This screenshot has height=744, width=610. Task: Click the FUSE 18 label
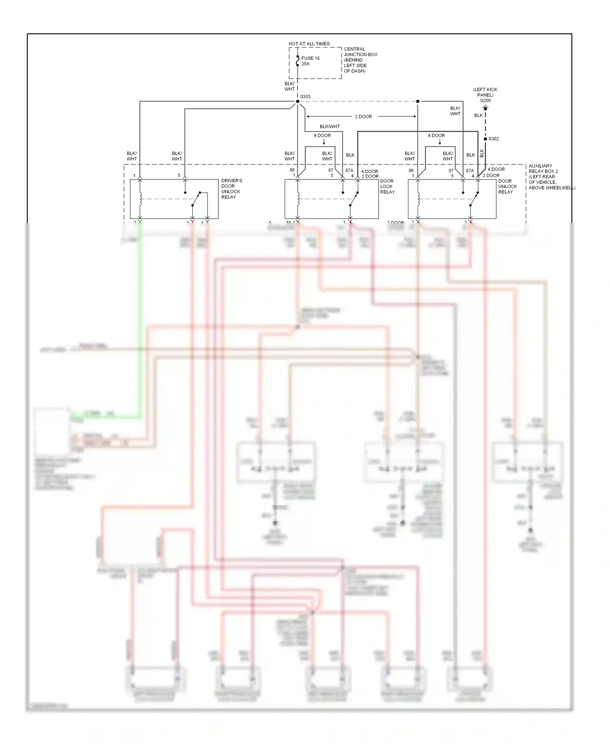pyautogui.click(x=310, y=58)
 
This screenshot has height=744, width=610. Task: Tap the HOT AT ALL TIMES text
pyautogui.click(x=309, y=44)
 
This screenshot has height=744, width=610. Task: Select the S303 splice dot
pyautogui.click(x=297, y=101)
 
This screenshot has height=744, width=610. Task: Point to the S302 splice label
pyautogui.click(x=493, y=139)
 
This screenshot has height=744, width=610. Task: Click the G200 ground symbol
pyautogui.click(x=485, y=108)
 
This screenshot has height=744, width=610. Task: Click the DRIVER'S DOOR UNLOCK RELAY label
pyautogui.click(x=231, y=189)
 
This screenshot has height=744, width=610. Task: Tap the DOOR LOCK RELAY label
pyautogui.click(x=387, y=186)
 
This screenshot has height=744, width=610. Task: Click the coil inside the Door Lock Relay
pyautogui.click(x=298, y=199)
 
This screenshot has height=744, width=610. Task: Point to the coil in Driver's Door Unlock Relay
pyautogui.click(x=140, y=199)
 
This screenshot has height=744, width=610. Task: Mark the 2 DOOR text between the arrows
pyautogui.click(x=363, y=117)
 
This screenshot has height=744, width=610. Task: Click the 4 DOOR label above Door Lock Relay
pyautogui.click(x=322, y=136)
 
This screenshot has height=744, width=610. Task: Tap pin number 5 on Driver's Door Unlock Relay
pyautogui.click(x=179, y=175)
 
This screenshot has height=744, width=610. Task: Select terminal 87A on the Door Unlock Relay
pyautogui.click(x=470, y=171)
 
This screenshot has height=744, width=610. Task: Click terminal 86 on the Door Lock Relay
pyautogui.click(x=292, y=170)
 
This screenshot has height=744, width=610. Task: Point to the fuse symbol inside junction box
pyautogui.click(x=298, y=61)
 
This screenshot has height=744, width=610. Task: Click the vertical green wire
pyautogui.click(x=141, y=326)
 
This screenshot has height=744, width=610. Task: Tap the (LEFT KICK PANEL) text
pyautogui.click(x=485, y=92)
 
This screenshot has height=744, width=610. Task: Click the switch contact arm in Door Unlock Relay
pyautogui.click(x=474, y=199)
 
